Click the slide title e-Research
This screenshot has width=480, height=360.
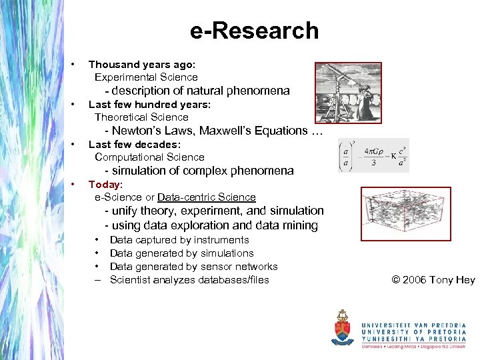(254, 31)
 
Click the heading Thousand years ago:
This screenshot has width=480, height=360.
(142, 65)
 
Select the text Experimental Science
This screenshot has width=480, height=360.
(146, 77)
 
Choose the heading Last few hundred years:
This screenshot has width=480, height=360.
(149, 105)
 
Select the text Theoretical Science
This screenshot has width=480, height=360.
(141, 117)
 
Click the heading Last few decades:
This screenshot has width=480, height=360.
(135, 144)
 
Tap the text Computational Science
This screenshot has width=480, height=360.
(149, 157)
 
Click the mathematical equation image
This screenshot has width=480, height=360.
(373, 155)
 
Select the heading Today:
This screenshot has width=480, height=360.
(105, 184)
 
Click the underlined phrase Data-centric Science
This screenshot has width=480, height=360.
(206, 197)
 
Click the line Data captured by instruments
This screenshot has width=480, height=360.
(179, 240)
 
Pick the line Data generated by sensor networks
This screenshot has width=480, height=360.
(193, 267)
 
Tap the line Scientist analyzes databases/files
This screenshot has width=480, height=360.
(189, 280)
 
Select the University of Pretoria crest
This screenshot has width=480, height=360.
(343, 327)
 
